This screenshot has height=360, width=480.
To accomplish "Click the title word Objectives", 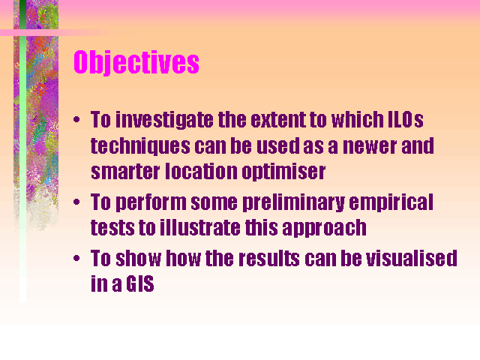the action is (136, 62).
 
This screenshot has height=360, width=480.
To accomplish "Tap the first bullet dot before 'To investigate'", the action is (76, 119).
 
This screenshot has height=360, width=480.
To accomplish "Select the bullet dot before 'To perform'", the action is (76, 202).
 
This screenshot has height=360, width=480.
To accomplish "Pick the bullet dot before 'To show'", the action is (76, 258).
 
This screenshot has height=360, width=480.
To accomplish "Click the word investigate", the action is (164, 120).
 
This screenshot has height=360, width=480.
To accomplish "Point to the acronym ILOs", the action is (406, 119).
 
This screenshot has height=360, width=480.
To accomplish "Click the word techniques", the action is (140, 146).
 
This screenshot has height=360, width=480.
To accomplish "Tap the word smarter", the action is (125, 172).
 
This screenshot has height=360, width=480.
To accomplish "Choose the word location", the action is (201, 171).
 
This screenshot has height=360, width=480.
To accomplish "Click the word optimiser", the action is (283, 172).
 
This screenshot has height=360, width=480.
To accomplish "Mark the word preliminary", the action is (293, 202).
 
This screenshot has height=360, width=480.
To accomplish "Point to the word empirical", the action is (391, 202).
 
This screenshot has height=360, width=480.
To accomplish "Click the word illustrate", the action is (200, 228).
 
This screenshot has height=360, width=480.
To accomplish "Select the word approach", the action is (324, 228).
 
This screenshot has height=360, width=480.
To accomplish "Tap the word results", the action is (269, 258).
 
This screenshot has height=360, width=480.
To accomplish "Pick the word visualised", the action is (412, 258).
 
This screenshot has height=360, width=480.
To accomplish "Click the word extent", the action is (278, 119).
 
